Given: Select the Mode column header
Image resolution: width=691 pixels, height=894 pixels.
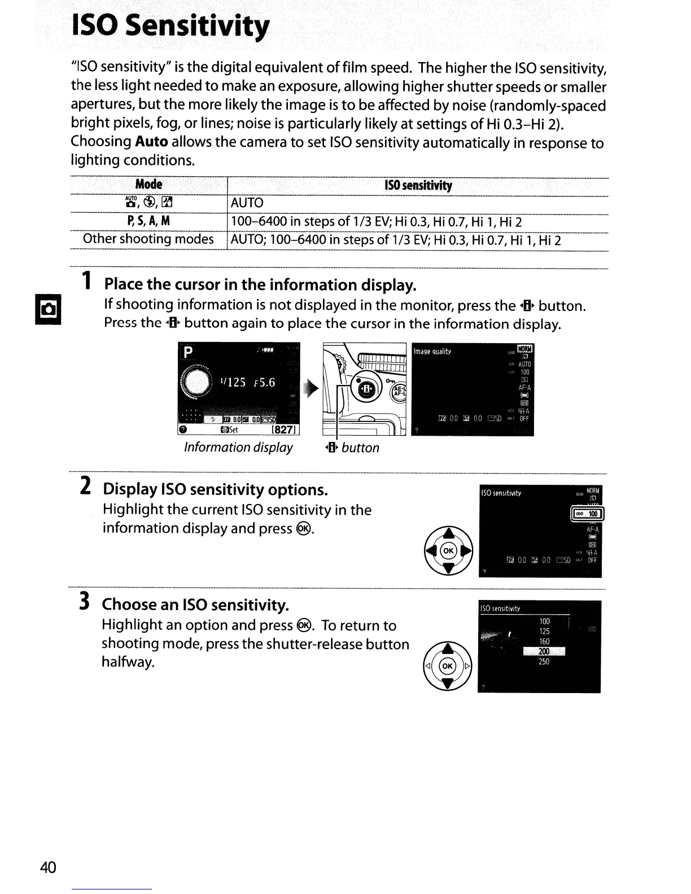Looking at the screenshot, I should click(x=148, y=185).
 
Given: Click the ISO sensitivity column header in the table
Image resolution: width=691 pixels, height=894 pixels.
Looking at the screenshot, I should click(x=418, y=186).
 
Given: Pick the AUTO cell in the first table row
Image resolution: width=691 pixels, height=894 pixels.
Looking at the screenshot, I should click(x=247, y=203).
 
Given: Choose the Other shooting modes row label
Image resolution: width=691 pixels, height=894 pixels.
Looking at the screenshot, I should click(x=148, y=239).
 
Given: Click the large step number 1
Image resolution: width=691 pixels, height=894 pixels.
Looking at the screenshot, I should click(x=86, y=281).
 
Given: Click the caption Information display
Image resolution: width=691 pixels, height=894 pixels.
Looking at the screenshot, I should click(x=238, y=448).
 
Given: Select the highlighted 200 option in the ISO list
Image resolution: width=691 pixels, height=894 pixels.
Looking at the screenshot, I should click(x=544, y=652).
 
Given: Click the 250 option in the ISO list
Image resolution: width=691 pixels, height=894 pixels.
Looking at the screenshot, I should click(x=544, y=662).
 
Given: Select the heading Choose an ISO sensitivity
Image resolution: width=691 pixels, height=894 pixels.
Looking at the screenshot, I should click(x=195, y=605).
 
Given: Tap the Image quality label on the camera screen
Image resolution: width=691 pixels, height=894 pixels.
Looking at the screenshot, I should click(x=432, y=352).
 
